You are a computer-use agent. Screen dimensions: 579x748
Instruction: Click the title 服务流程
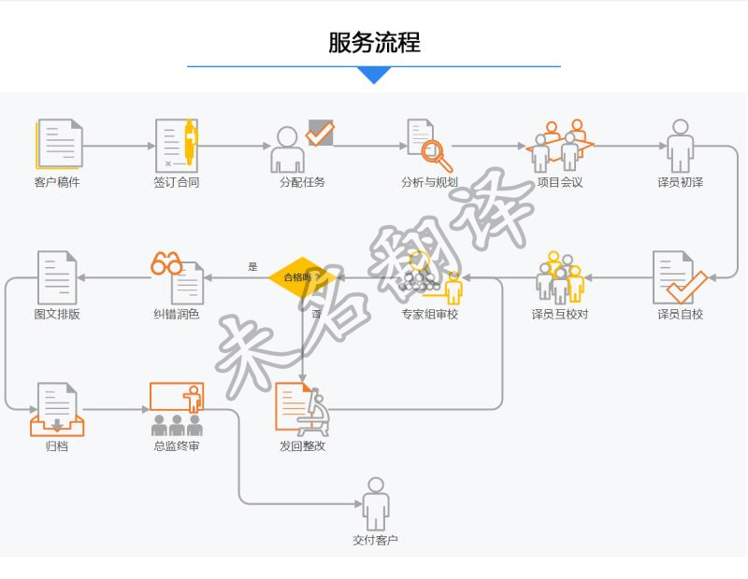(374, 43)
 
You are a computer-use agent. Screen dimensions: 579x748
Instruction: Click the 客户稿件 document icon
(59, 145)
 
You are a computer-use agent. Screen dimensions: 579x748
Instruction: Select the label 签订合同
(176, 182)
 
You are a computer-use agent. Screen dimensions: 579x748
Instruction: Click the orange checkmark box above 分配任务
(320, 133)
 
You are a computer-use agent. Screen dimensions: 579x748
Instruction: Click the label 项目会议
(560, 182)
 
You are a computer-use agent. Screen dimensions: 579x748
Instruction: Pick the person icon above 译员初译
(680, 145)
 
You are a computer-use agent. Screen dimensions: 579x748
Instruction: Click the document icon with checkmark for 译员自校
(679, 277)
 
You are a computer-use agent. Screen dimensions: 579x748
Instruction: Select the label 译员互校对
(560, 314)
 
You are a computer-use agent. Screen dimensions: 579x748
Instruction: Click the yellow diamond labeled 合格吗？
(302, 277)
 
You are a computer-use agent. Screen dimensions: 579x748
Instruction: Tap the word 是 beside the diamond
(252, 267)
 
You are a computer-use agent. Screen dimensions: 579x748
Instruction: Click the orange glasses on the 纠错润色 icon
(166, 263)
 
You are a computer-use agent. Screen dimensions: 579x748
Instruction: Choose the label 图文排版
(57, 314)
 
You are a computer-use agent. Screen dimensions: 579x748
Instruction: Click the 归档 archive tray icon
(57, 411)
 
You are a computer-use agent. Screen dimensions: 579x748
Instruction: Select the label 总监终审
(176, 446)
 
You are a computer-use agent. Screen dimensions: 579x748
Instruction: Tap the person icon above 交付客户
(375, 503)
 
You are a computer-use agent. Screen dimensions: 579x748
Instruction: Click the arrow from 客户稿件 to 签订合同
(120, 146)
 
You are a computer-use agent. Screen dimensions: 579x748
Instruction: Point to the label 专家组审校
(429, 314)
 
